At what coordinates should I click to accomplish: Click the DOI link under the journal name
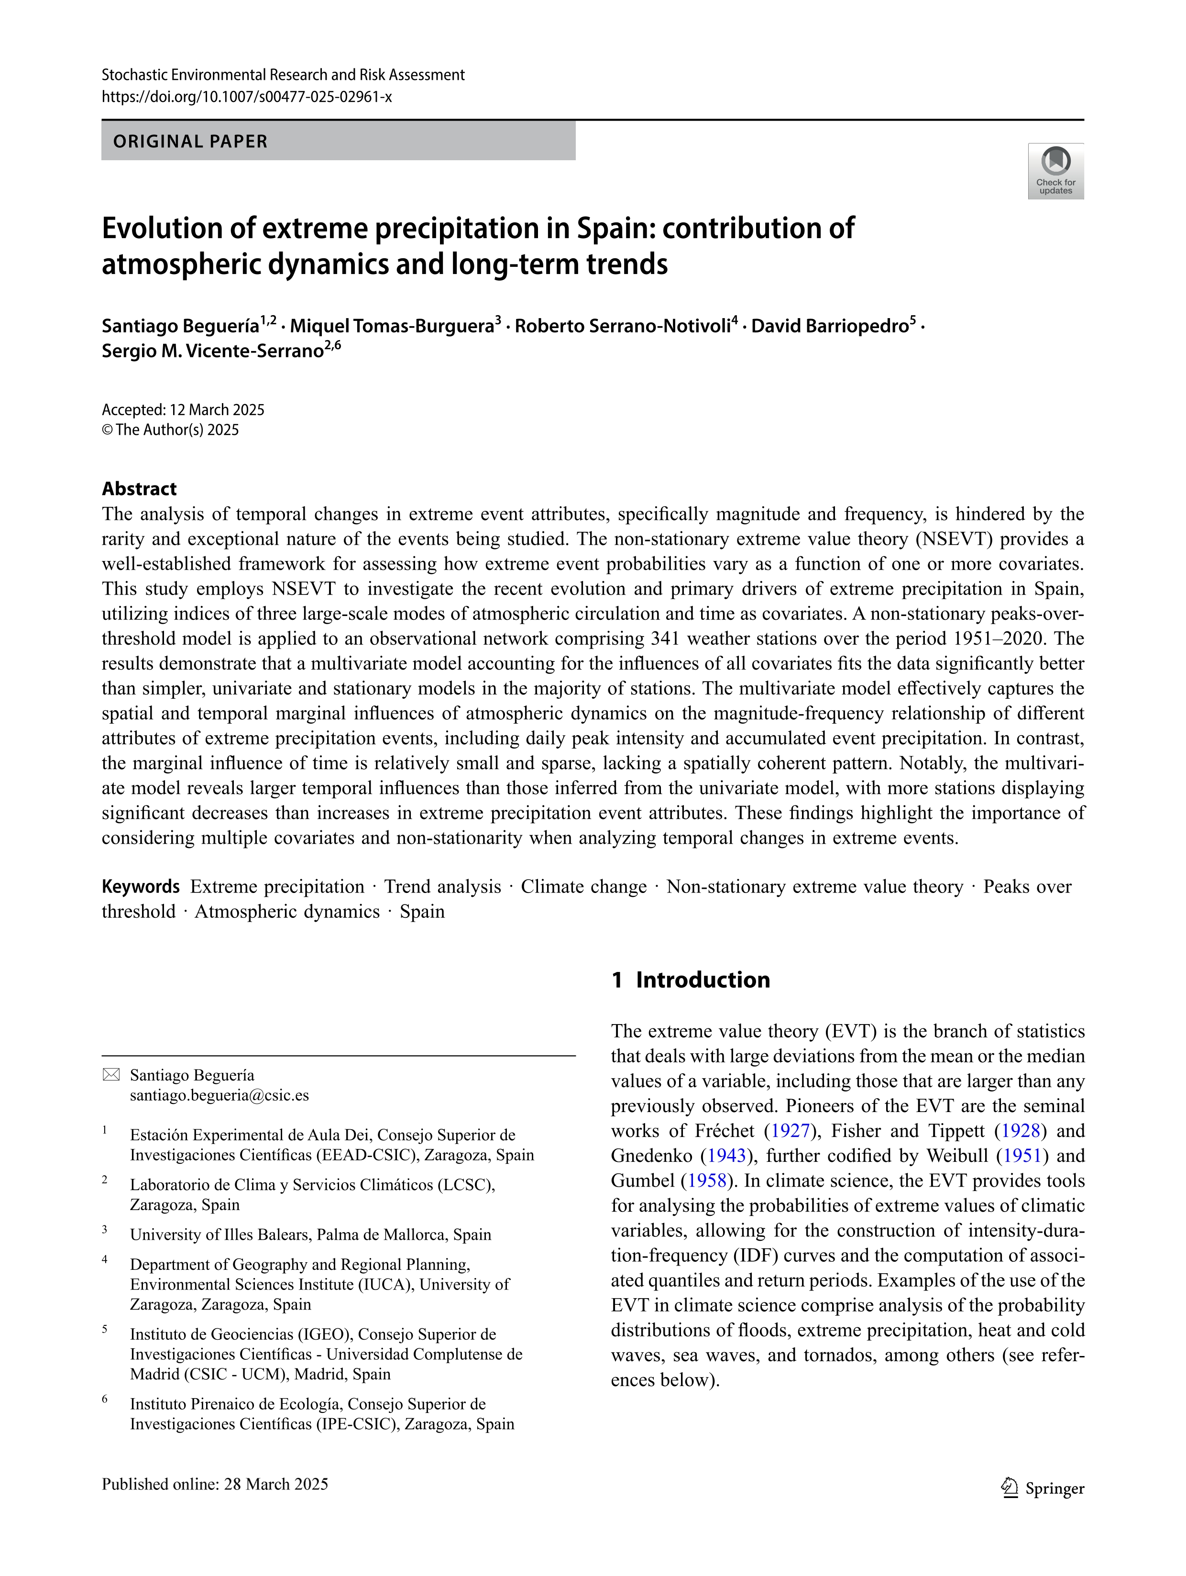coord(246,97)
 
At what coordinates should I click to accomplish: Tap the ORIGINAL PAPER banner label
coord(190,141)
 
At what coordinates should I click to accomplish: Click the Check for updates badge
coord(1055,171)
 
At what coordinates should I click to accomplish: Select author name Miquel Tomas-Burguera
coord(392,326)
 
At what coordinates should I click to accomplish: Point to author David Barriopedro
coord(830,326)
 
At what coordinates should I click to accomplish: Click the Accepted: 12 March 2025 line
coord(183,410)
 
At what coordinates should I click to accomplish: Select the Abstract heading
coord(139,489)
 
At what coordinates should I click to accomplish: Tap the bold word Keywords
coord(140,886)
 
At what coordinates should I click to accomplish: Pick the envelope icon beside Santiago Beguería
coord(111,1075)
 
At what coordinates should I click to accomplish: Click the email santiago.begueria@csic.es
coord(220,1095)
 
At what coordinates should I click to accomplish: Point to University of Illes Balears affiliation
coord(310,1234)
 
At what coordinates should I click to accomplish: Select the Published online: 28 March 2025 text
coord(215,1484)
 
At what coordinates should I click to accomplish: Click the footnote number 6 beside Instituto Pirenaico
coord(105,1400)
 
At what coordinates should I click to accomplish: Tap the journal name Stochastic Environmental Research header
coord(283,75)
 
